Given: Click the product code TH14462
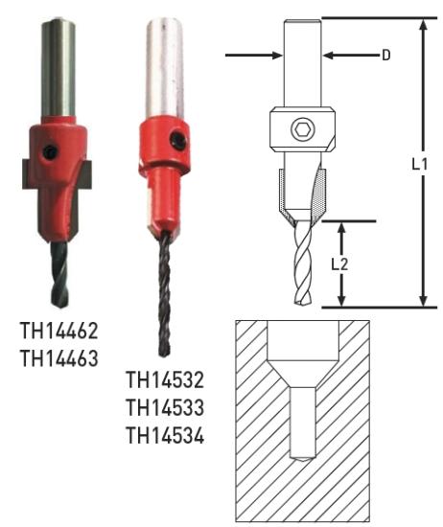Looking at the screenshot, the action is click(59, 331).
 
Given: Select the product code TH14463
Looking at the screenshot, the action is click(59, 358).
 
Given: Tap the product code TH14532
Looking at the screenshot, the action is click(165, 379).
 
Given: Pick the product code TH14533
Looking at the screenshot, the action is click(165, 407).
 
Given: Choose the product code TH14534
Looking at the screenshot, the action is click(165, 435).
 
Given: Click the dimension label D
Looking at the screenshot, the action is click(386, 56).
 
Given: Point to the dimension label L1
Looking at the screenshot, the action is click(419, 165).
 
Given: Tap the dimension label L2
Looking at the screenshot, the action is click(339, 264).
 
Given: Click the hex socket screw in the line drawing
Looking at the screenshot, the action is click(302, 129).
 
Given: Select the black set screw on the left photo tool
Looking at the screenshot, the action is click(50, 152).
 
